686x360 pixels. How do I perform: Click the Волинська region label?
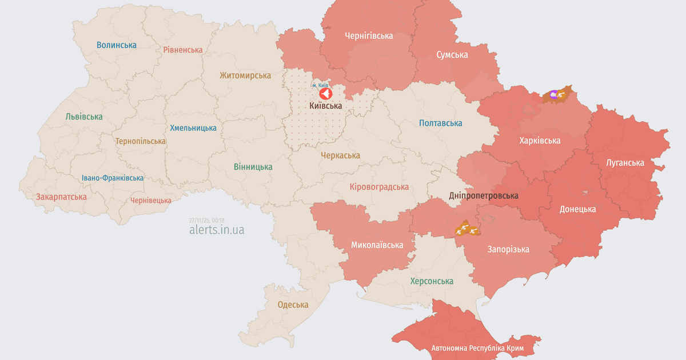click(x=117, y=45)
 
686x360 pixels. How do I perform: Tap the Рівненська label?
click(x=183, y=50)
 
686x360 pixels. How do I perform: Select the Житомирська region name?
click(x=245, y=75)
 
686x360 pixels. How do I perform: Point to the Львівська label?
click(x=84, y=117)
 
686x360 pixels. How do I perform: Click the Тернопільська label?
click(x=141, y=141)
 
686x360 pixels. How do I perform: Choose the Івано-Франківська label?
click(x=113, y=178)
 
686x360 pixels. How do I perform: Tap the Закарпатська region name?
click(x=62, y=197)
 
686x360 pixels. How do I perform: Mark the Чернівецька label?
click(x=151, y=200)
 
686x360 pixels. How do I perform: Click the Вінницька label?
click(x=253, y=167)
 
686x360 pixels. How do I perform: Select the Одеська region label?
click(x=293, y=305)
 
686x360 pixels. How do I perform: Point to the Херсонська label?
click(x=432, y=281)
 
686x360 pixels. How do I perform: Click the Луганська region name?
click(x=625, y=163)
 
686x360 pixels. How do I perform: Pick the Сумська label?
click(x=452, y=55)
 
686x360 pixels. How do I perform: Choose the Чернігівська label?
click(x=369, y=35)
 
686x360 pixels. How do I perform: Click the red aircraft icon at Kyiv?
click(x=325, y=93)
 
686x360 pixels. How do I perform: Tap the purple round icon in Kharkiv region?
click(x=553, y=94)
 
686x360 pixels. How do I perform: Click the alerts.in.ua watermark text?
click(x=217, y=230)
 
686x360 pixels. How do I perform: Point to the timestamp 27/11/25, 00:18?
click(x=207, y=220)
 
